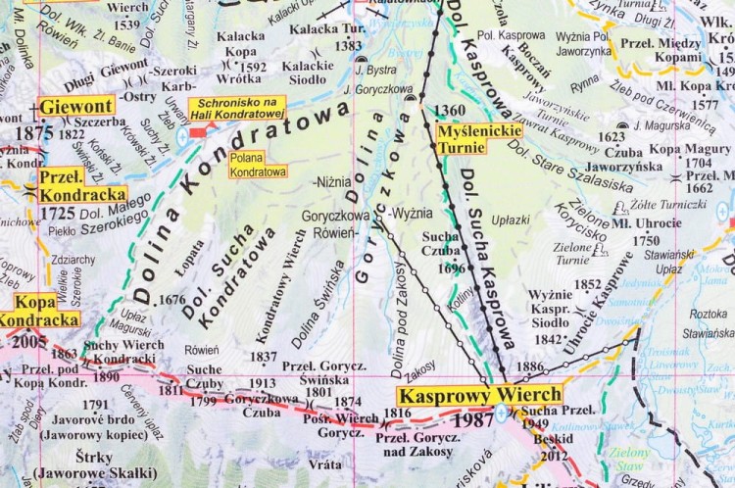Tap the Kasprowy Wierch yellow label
(x=479, y=396)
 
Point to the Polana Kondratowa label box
(x=258, y=164)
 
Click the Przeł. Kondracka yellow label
(x=82, y=185)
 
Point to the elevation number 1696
(x=452, y=267)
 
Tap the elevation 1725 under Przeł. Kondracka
(x=58, y=212)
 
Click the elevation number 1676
(x=171, y=300)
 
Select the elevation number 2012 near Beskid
(x=554, y=455)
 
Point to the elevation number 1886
(x=529, y=366)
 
